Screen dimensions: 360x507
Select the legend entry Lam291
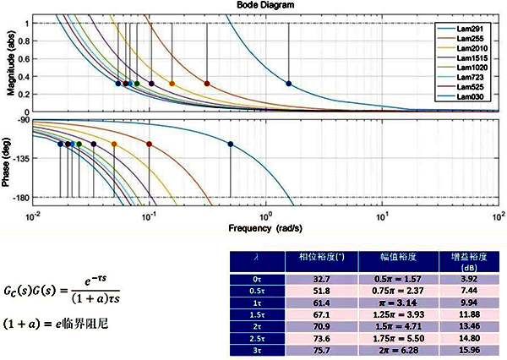[468, 29]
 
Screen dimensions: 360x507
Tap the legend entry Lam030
[468, 97]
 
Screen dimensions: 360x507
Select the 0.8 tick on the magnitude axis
[25, 41]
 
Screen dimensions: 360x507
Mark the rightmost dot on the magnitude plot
[289, 84]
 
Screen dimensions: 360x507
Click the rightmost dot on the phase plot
[231, 145]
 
